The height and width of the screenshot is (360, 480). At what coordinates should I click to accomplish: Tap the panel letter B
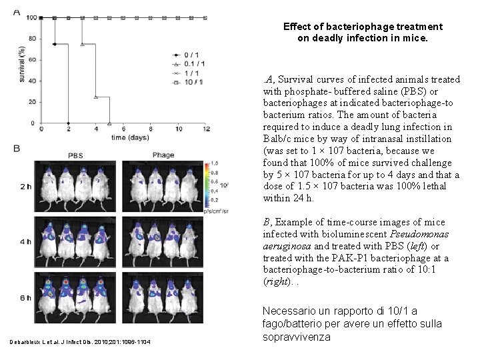(x=17, y=148)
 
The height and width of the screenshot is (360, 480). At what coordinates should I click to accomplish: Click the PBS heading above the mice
(x=76, y=155)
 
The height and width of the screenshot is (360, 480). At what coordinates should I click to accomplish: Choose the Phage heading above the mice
(x=163, y=155)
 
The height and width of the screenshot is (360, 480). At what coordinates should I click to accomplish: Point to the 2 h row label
(x=25, y=187)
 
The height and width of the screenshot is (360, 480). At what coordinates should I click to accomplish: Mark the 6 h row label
(x=25, y=297)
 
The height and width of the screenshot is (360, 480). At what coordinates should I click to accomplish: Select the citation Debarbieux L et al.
(x=40, y=342)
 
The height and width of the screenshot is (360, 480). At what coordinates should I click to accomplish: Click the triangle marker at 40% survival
(x=96, y=97)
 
